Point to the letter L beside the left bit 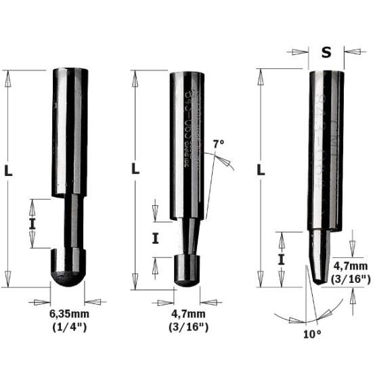[8, 172]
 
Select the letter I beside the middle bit [155, 238]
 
